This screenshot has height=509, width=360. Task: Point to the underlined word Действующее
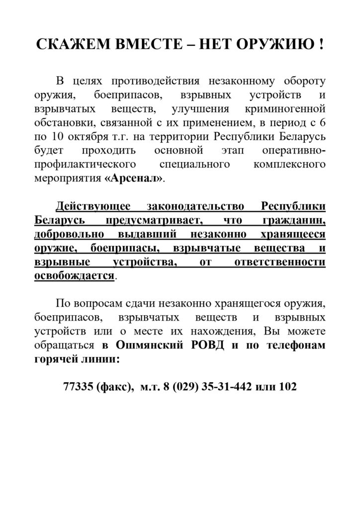tap(94, 207)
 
